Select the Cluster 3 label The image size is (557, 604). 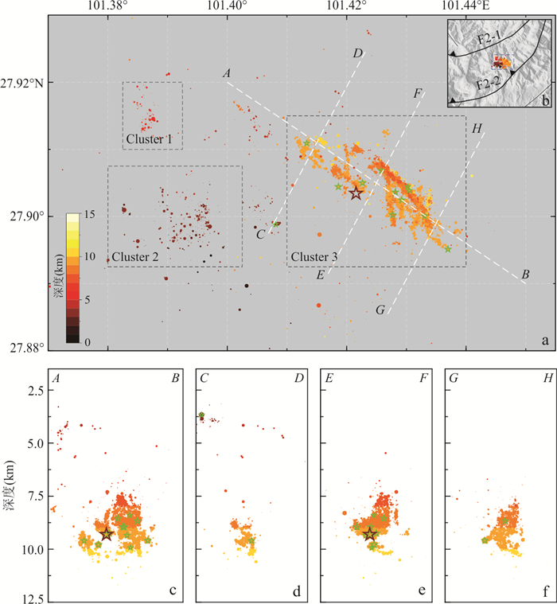click(314, 257)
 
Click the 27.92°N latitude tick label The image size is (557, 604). click(24, 83)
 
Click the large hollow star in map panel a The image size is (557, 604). click(356, 193)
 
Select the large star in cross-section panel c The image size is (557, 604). click(107, 533)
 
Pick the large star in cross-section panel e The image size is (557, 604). click(370, 534)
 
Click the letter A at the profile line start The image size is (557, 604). click(227, 74)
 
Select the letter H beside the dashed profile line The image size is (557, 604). click(476, 128)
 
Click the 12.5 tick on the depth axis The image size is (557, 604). click(31, 597)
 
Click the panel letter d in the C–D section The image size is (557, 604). click(297, 591)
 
